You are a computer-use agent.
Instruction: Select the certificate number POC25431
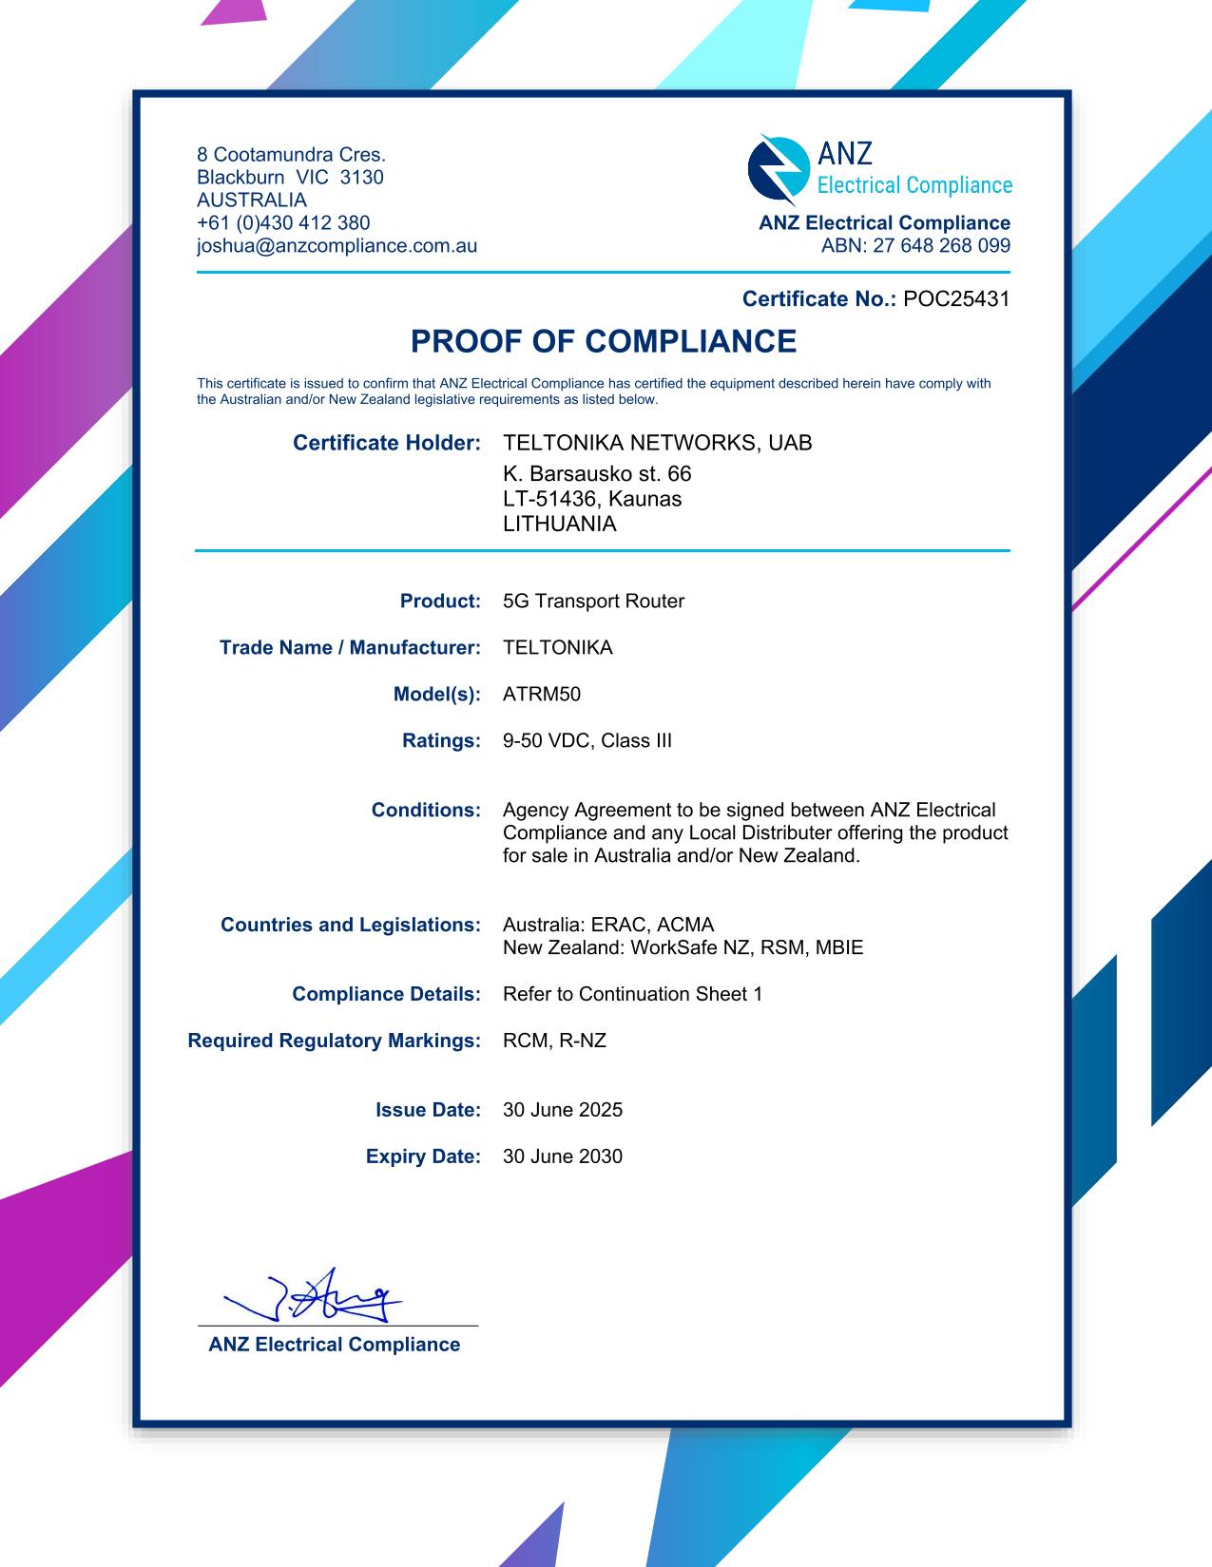point(956,299)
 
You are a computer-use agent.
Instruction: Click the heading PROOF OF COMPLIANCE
point(604,341)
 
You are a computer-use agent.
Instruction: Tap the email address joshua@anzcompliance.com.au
point(337,246)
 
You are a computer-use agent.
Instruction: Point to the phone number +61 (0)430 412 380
point(283,223)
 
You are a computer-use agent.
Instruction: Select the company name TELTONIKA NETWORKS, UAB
point(657,443)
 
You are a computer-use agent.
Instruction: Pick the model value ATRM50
point(541,695)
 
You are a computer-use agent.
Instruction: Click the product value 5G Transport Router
point(593,602)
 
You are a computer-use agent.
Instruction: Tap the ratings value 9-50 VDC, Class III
point(587,741)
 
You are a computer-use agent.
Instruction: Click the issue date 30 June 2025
point(562,1110)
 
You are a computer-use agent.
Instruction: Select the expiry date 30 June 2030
point(562,1156)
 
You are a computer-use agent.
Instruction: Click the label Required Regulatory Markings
point(334,1041)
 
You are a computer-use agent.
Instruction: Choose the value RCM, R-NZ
point(554,1041)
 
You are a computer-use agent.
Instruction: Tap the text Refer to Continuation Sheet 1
point(632,994)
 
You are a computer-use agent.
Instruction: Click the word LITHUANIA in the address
point(559,525)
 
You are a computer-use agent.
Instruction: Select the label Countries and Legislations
point(350,925)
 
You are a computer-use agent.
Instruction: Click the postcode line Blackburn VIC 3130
point(290,178)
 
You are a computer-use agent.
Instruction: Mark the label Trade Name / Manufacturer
point(350,648)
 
